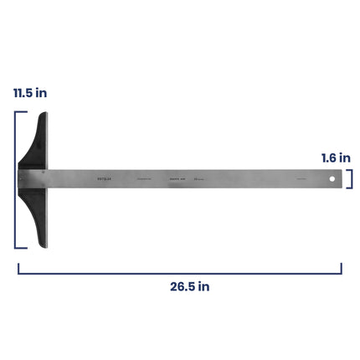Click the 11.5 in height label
pyautogui.click(x=29, y=92)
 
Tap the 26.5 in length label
pyautogui.click(x=189, y=286)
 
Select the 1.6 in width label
pyautogui.click(x=336, y=157)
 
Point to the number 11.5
pyautogui.click(x=23, y=92)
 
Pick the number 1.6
pyautogui.click(x=330, y=157)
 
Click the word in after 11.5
pyautogui.click(x=41, y=92)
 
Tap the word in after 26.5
pyautogui.click(x=203, y=286)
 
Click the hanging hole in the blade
pyautogui.click(x=332, y=178)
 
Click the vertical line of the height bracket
pyautogui.click(x=15, y=179)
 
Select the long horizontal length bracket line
pyautogui.click(x=180, y=272)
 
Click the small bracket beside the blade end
pyautogui.click(x=350, y=178)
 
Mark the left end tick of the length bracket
pyautogui.click(x=18, y=268)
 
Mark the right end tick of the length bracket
pyautogui.click(x=342, y=268)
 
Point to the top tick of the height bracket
pyautogui.click(x=19, y=111)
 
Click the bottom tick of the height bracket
pyautogui.click(x=19, y=248)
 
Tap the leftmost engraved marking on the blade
pyautogui.click(x=104, y=178)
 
